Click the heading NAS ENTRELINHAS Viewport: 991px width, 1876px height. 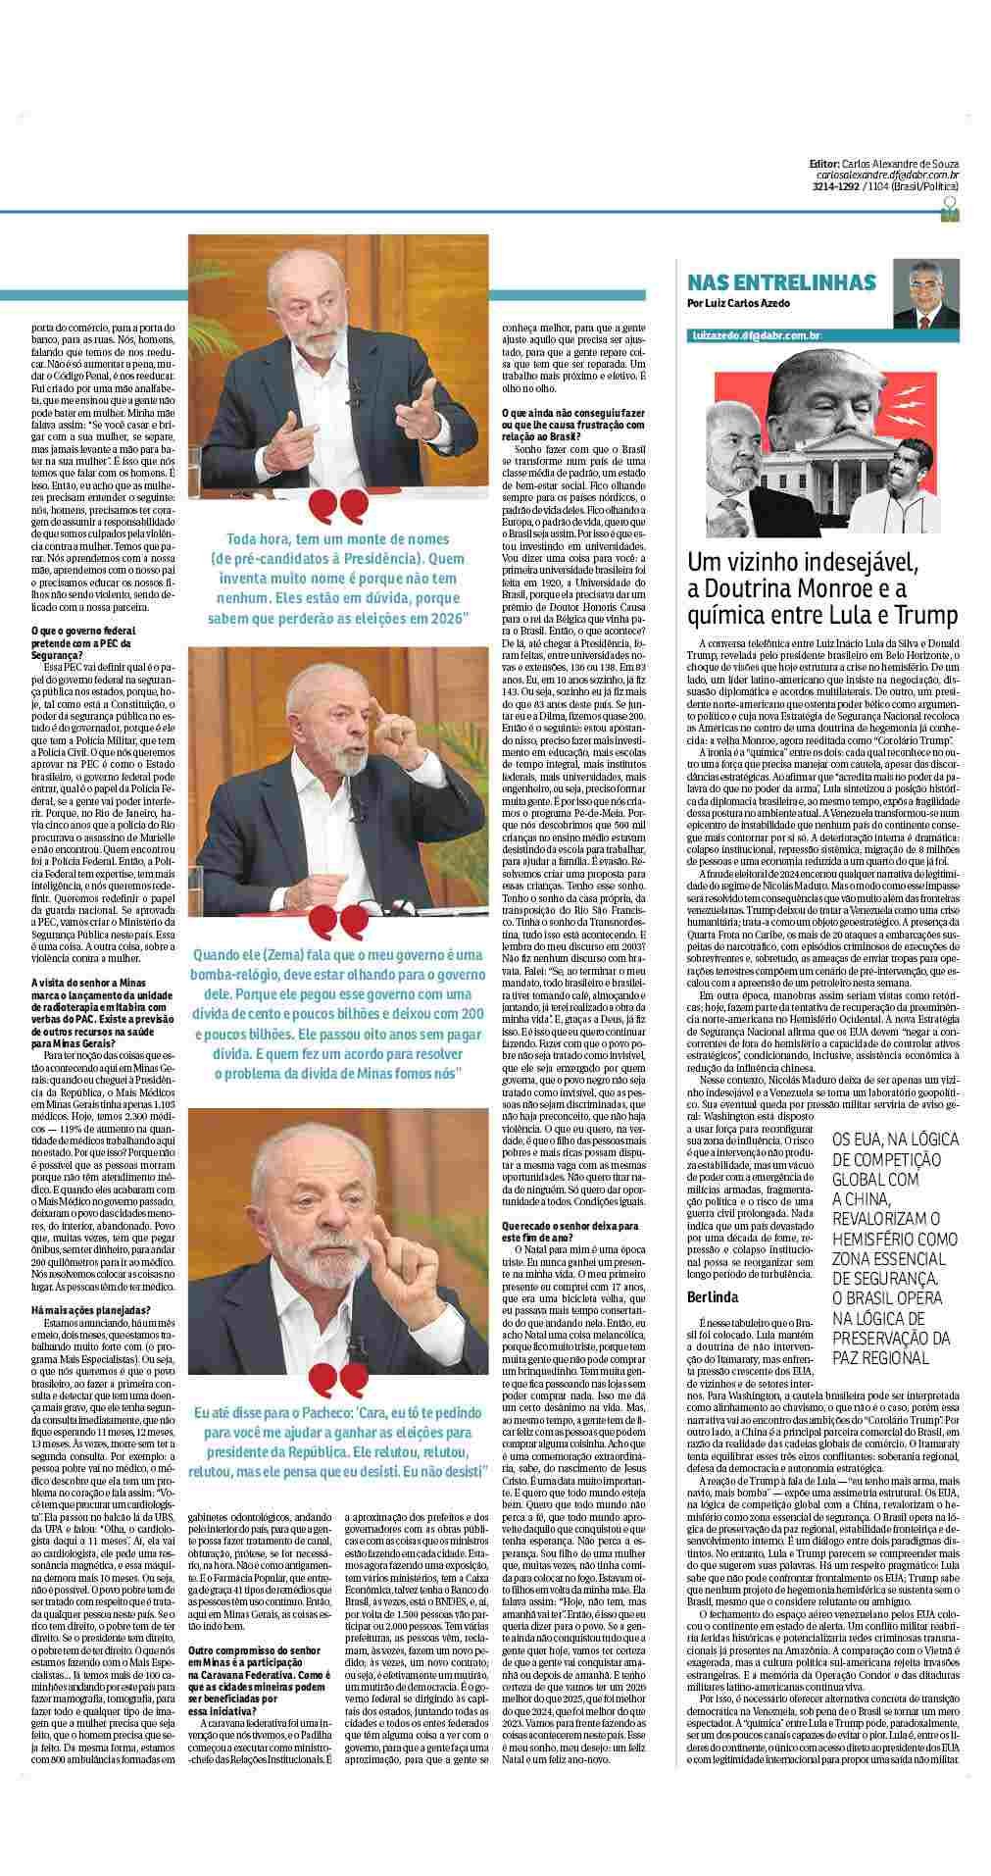coord(781,282)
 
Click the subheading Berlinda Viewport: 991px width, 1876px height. coord(713,1297)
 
